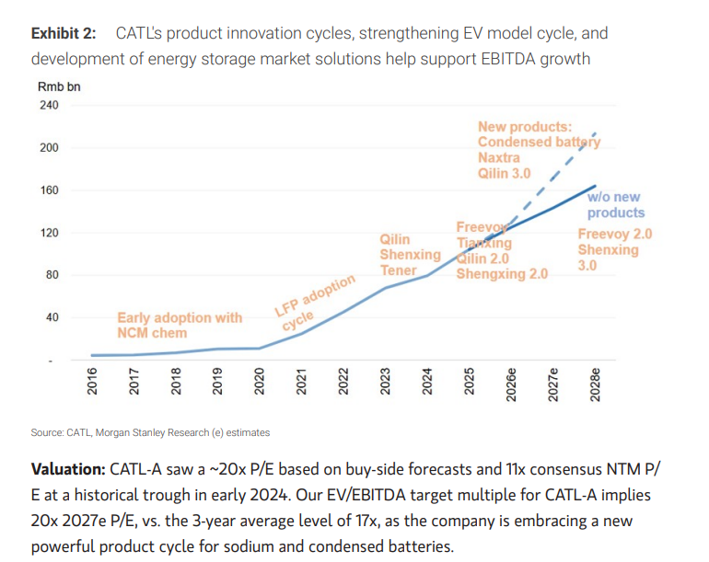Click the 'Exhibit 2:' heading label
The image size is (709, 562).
coord(64,33)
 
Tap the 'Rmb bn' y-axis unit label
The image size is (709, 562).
coord(59,86)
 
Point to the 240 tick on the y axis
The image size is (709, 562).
coord(50,105)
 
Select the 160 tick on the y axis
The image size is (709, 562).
coord(50,190)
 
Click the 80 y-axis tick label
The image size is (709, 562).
coord(52,275)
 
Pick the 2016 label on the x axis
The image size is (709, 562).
coord(92,381)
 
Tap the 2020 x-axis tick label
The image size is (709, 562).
coord(259,381)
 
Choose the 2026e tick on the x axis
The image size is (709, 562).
coord(511,384)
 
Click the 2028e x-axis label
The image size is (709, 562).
coord(595,384)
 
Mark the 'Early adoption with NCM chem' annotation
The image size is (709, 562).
coord(180,326)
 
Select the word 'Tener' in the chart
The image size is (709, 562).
coord(398,270)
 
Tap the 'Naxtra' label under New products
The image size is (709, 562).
coord(499,157)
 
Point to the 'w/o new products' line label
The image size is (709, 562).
coord(616,204)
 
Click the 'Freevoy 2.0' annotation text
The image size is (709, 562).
coord(615,234)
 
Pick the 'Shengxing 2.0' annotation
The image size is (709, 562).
coord(502,274)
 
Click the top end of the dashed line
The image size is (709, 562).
coord(595,132)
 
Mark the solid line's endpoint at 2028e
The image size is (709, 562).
coord(595,186)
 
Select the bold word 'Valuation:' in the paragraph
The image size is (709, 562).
coord(68,469)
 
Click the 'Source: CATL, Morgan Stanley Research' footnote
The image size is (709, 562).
coord(150,433)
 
